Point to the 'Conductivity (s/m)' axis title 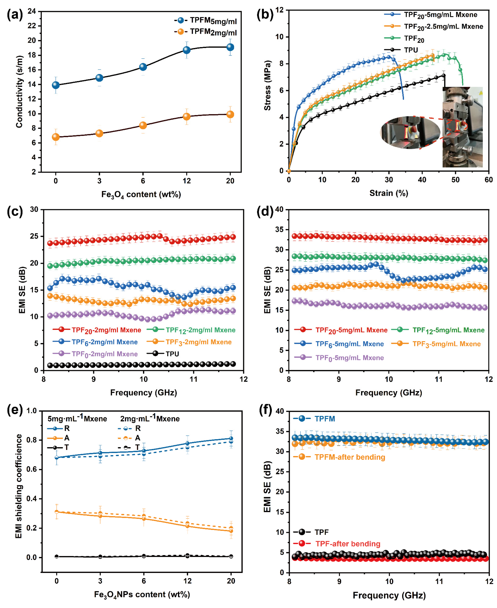click(19, 92)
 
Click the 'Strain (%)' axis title click(389, 193)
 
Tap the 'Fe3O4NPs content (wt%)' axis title click(142, 595)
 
